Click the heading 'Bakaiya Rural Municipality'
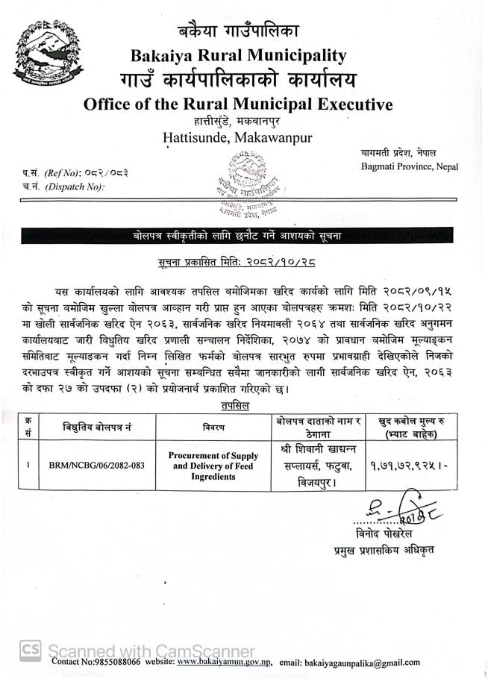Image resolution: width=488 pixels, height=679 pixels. (x=238, y=55)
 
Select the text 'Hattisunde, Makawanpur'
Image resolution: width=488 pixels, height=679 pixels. (x=238, y=137)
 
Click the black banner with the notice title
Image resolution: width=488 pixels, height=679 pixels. (x=244, y=237)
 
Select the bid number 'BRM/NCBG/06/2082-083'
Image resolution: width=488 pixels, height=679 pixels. (x=95, y=465)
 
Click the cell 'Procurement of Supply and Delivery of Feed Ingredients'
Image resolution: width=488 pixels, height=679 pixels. (x=213, y=465)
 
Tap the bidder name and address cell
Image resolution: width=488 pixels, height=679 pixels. (x=318, y=466)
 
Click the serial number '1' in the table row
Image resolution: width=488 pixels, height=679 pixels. (x=28, y=465)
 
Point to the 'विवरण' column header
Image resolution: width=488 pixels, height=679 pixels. (x=213, y=427)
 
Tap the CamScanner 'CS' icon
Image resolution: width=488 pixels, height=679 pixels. (x=30, y=650)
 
